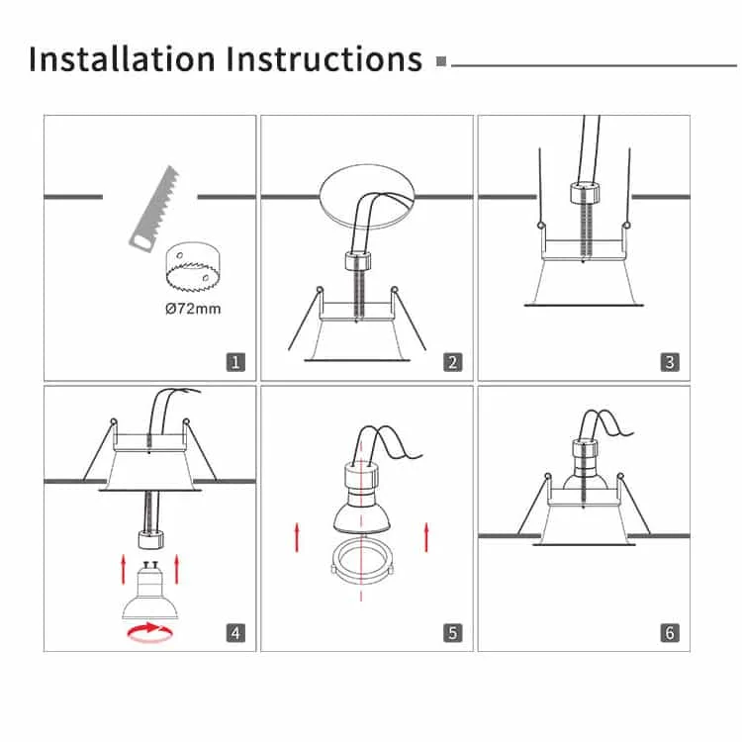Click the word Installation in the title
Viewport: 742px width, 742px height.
122,59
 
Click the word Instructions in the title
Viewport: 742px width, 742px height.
325,59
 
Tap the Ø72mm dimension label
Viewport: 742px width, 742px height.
193,309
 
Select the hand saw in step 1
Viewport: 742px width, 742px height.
154,208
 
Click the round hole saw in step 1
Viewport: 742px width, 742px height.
193,267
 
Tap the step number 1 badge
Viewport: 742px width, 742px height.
235,362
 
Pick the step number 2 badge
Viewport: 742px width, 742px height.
453,362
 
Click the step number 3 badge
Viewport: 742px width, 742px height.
670,362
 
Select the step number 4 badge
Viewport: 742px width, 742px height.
235,633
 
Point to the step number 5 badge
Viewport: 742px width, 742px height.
453,633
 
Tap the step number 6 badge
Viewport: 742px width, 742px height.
670,633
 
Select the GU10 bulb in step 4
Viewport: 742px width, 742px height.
150,591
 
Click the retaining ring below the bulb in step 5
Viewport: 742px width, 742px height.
362,562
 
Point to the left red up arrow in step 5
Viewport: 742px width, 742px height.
297,537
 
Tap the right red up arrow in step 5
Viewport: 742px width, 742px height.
426,537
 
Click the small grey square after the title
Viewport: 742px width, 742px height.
441,61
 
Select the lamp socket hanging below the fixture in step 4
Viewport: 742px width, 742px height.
151,539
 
